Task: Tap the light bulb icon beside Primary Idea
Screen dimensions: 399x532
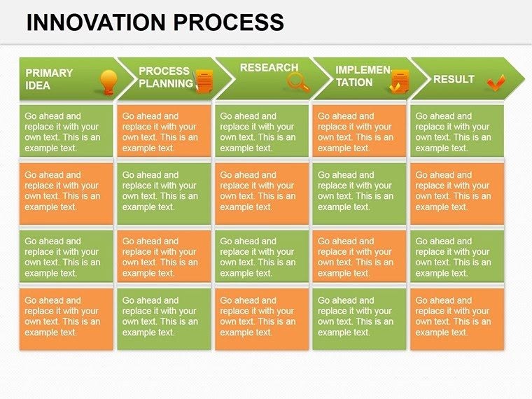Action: coord(108,82)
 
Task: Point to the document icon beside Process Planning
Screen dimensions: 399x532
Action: coord(204,81)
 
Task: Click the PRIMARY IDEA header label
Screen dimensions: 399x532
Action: coord(49,78)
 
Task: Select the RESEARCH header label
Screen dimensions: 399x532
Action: coord(269,68)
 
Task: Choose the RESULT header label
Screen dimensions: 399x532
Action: coord(454,79)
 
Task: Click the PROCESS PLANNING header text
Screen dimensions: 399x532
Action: coord(165,77)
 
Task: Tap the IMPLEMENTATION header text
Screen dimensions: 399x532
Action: coord(362,76)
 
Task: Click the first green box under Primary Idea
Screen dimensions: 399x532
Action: coord(66,132)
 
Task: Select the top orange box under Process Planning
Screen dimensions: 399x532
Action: coord(164,132)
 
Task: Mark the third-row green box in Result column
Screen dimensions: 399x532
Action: coord(457,256)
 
